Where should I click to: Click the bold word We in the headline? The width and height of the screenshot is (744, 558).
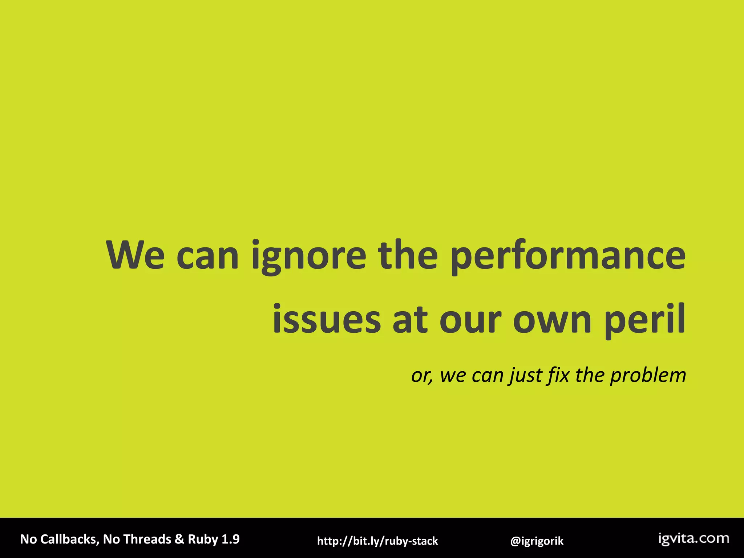[135, 255]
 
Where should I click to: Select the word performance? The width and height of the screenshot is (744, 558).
[568, 257]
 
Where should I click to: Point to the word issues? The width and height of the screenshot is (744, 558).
[326, 320]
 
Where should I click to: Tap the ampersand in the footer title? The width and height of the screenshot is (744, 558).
[179, 539]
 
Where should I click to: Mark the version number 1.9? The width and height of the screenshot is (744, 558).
[231, 539]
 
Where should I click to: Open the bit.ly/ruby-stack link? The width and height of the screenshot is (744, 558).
[377, 541]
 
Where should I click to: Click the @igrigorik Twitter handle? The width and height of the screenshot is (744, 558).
[537, 541]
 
